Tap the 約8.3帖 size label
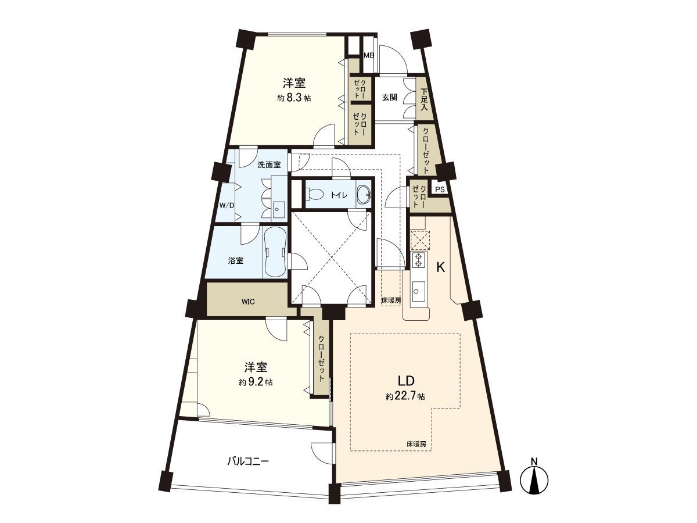click(294, 98)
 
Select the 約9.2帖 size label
click(256, 382)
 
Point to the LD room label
click(405, 381)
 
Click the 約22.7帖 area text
click(405, 397)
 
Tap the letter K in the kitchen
click(441, 267)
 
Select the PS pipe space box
click(440, 189)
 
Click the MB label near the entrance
click(368, 56)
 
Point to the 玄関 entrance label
click(389, 98)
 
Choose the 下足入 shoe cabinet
click(425, 99)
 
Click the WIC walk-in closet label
click(248, 301)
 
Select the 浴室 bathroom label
click(236, 260)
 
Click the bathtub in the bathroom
click(274, 253)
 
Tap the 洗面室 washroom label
click(269, 164)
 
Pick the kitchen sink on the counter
click(418, 288)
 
